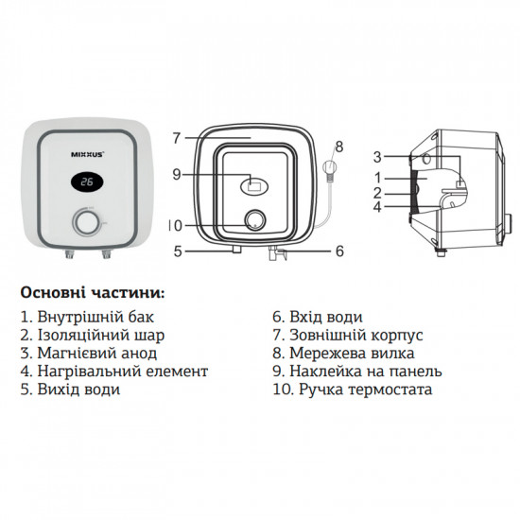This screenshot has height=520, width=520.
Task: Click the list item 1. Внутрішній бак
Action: click(x=85, y=317)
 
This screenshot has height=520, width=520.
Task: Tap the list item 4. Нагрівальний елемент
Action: click(x=113, y=371)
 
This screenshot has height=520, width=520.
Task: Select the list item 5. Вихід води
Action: click(x=69, y=389)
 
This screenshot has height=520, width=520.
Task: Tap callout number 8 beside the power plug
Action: click(x=340, y=147)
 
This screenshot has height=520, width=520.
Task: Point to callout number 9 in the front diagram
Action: click(x=175, y=173)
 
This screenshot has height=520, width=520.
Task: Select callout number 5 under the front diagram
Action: click(x=175, y=251)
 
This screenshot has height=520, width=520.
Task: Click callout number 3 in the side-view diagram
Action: click(x=376, y=156)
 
